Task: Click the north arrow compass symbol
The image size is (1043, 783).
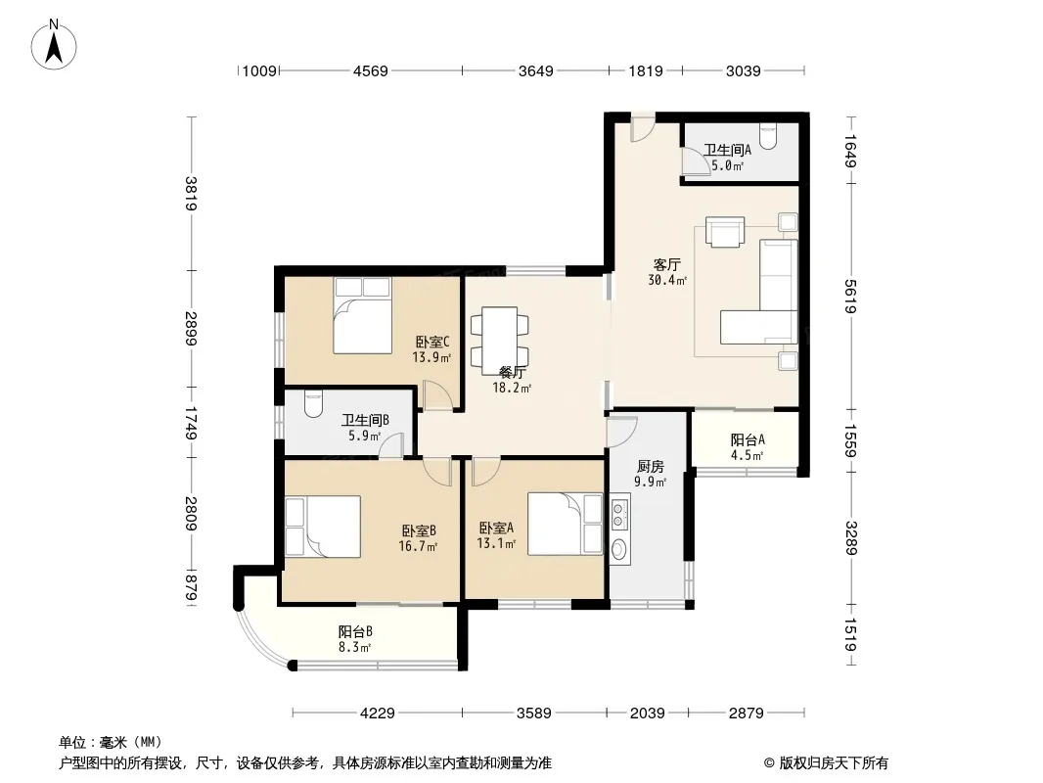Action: click(x=54, y=45)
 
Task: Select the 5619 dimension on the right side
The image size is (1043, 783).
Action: click(x=851, y=297)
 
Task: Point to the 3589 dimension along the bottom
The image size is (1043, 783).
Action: click(x=534, y=714)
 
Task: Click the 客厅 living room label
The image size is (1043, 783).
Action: click(x=667, y=265)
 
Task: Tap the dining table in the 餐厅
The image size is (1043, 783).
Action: click(x=500, y=337)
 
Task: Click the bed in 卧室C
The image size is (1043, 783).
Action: click(x=363, y=315)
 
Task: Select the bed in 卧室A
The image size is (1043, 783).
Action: click(x=566, y=524)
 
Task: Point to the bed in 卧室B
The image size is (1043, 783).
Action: click(x=323, y=527)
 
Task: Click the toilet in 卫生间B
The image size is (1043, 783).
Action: click(x=313, y=403)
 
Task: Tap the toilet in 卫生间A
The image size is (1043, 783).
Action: click(x=768, y=136)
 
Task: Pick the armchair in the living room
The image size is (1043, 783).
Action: click(x=725, y=232)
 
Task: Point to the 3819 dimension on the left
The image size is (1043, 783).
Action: click(x=192, y=193)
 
